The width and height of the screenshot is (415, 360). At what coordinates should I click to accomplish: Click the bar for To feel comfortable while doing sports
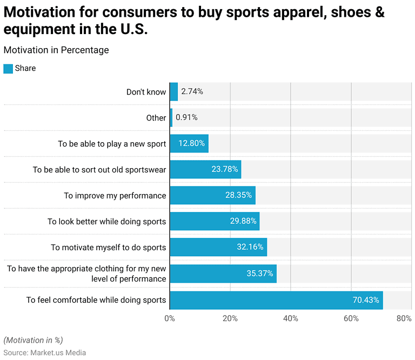(276, 300)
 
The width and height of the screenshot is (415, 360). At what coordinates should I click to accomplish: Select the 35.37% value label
(260, 274)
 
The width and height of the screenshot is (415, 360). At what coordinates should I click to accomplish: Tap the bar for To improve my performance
(212, 195)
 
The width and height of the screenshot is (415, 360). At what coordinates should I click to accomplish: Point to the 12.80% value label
(189, 144)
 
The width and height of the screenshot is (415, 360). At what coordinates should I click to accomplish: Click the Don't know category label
(146, 92)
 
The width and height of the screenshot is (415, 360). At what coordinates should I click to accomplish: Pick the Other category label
(156, 118)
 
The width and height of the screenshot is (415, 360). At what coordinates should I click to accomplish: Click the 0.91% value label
(186, 117)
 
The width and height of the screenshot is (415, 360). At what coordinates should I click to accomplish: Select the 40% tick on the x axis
(291, 318)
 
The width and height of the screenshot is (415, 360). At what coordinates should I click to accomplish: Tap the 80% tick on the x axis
(404, 318)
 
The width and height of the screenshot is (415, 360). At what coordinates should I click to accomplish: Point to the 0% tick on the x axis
(170, 318)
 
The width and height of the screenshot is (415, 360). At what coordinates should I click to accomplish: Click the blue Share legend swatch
(8, 69)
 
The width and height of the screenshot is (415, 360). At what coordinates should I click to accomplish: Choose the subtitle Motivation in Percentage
(56, 50)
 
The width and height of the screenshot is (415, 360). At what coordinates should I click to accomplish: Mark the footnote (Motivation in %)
(33, 340)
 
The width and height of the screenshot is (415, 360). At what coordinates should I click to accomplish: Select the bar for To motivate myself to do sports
(218, 247)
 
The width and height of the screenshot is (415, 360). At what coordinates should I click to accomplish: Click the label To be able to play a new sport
(112, 144)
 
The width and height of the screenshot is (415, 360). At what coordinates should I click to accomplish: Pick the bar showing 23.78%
(205, 169)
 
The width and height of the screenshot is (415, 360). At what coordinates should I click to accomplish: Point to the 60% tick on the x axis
(351, 318)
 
